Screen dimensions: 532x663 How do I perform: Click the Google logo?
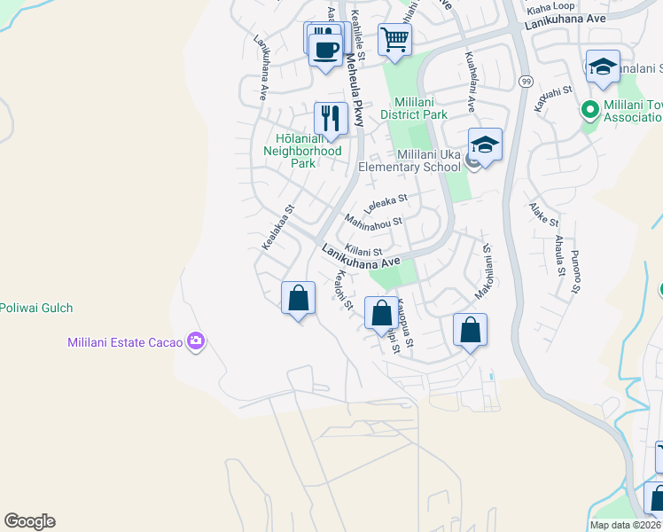pos(29,521)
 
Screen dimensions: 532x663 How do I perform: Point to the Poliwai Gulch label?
pos(36,309)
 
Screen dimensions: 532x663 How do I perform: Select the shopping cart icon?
pos(394,38)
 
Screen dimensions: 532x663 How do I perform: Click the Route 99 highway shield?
pos(526,82)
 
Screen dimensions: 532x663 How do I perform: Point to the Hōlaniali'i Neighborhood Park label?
pos(302,145)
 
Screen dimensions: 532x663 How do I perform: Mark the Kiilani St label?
pos(363,253)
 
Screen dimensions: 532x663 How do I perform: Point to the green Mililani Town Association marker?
pos(587,111)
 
